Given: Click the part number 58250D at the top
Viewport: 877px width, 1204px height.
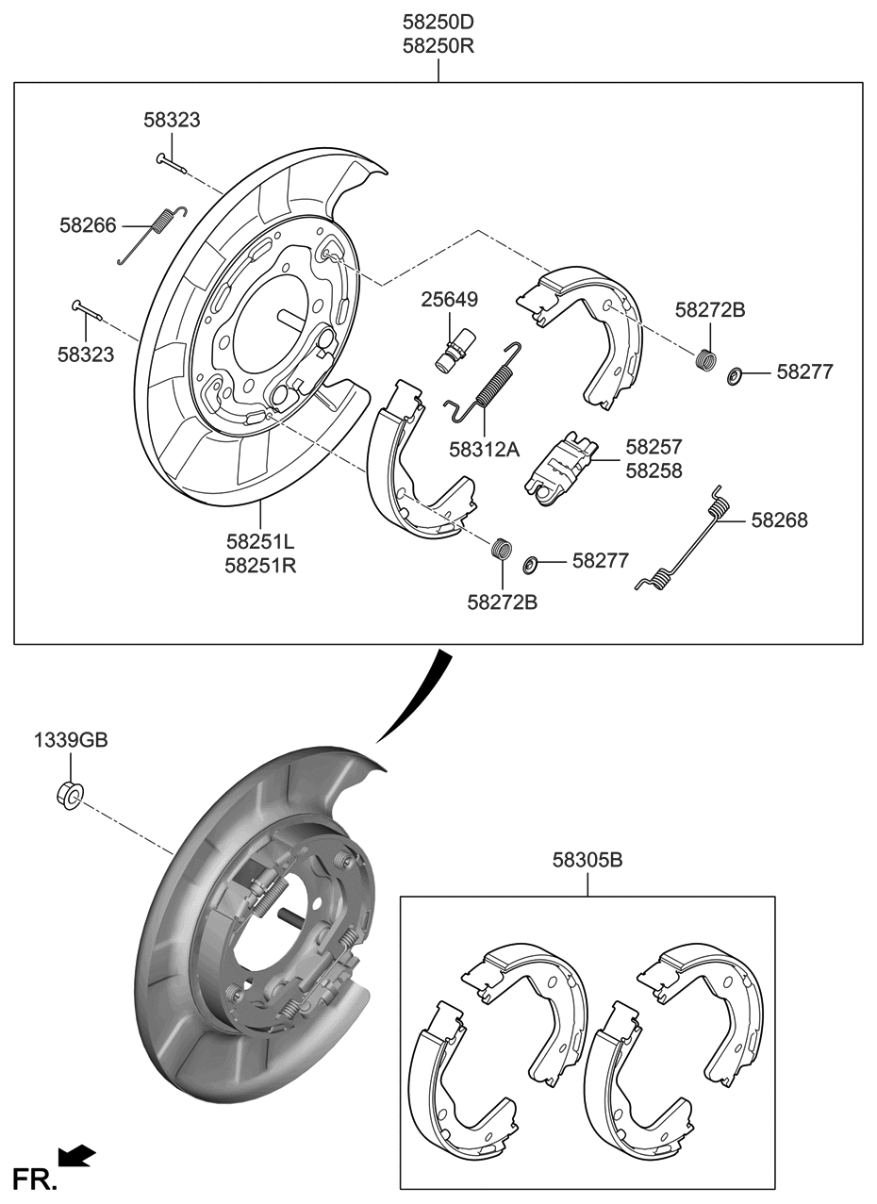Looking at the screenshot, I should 438,22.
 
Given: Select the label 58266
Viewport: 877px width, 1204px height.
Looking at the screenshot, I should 88,225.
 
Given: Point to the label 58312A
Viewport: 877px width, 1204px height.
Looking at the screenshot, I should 483,450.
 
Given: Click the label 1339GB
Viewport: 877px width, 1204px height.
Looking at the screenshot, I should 71,741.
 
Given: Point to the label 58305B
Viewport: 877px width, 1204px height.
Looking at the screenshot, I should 587,860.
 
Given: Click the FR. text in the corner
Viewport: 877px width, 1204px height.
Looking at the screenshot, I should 34,1178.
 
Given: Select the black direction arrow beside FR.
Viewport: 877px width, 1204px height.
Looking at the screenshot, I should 76,1156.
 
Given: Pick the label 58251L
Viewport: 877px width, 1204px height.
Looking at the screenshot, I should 260,542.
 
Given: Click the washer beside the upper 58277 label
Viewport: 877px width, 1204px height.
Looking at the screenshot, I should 733,377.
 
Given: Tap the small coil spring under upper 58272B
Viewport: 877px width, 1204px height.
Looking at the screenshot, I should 704,360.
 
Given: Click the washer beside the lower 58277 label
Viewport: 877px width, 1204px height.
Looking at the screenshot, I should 530,564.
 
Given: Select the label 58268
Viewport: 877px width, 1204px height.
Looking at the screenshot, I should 779,520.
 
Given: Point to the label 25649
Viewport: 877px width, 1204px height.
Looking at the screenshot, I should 449,300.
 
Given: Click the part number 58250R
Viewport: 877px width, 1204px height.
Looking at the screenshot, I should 438,46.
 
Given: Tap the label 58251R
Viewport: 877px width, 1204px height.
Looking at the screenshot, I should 260,566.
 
